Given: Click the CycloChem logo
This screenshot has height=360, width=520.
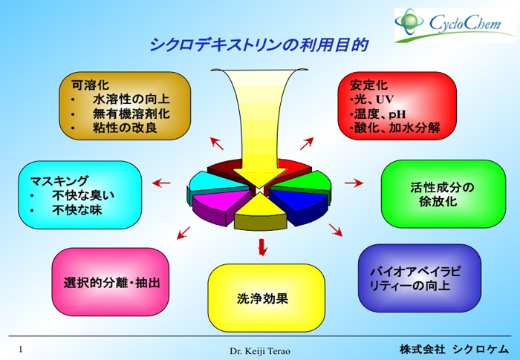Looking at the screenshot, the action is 455,25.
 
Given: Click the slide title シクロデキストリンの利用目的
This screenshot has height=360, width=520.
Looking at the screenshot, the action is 259,45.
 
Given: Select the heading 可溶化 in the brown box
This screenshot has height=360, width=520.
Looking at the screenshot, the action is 90,85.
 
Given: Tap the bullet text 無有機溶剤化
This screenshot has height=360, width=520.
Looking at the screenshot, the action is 131,114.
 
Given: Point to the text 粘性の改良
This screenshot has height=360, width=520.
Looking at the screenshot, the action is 125,128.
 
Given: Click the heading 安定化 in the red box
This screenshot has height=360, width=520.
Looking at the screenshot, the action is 368,85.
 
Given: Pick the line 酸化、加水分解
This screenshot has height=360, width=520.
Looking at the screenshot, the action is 397,128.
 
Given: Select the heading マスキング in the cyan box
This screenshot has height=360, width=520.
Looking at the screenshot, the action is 59,181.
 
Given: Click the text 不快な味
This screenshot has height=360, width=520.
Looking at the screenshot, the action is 77,210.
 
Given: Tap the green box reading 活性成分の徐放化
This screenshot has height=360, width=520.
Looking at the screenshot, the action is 443,194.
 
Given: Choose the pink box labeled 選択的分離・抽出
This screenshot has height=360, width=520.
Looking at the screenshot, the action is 111,282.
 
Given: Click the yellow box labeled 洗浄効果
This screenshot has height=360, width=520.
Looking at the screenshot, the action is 266,298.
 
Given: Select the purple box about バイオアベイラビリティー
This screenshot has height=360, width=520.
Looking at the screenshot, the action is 420,278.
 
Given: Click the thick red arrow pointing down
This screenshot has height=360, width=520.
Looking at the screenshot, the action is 262,247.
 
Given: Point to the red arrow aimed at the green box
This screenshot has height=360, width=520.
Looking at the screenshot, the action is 354,183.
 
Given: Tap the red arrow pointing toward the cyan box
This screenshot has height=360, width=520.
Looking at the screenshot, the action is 161,183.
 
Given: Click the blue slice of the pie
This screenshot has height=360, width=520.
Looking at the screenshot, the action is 299,206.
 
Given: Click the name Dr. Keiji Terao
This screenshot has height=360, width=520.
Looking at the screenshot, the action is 260,351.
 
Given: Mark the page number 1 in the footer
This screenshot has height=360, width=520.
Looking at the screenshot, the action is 21,350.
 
